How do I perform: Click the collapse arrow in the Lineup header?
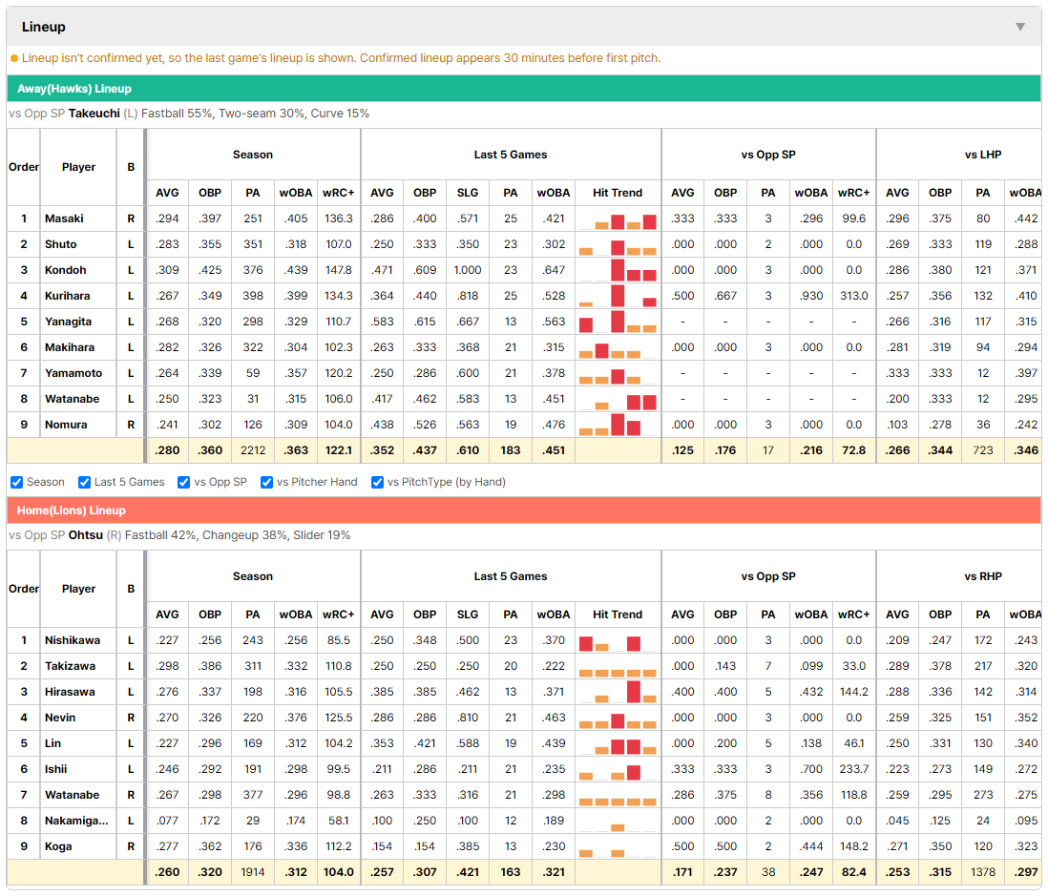point(1020,27)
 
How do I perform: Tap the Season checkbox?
point(17,483)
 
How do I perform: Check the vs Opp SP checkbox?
point(184,483)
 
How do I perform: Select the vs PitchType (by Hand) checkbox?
point(378,483)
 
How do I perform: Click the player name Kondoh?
point(66,270)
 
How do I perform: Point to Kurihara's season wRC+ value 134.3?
point(339,296)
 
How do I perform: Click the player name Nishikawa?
point(73,640)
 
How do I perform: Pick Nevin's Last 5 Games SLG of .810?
point(468,718)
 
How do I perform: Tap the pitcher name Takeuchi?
point(94,114)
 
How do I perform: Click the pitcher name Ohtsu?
point(86,535)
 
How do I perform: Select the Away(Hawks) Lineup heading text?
point(74,89)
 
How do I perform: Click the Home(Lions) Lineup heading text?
point(72,511)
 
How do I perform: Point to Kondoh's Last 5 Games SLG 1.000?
point(468,270)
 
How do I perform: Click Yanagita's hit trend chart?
point(618,322)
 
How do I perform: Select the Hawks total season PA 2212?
point(253,450)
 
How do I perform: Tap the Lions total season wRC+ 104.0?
point(339,872)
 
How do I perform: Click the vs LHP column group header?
point(982,155)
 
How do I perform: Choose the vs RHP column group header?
point(983,576)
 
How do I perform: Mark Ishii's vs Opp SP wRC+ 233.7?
point(854,769)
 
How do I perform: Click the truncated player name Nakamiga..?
point(76,821)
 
